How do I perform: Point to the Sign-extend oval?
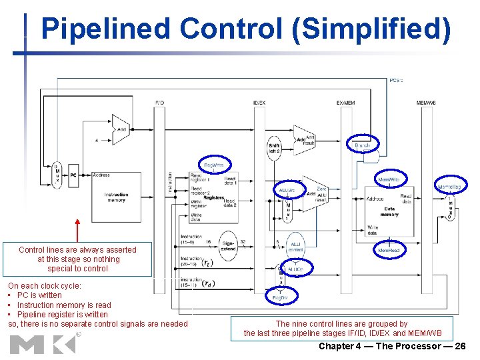click(228, 247)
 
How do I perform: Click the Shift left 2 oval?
click(275, 148)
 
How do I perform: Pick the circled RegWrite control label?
click(213, 165)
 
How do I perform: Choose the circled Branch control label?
click(363, 145)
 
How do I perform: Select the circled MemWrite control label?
click(389, 180)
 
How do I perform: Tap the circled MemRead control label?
click(388, 250)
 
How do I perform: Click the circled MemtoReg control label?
click(449, 186)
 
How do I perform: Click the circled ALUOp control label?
click(296, 270)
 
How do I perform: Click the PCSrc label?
click(396, 81)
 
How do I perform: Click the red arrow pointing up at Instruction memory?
click(78, 231)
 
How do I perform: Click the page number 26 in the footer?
click(459, 346)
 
